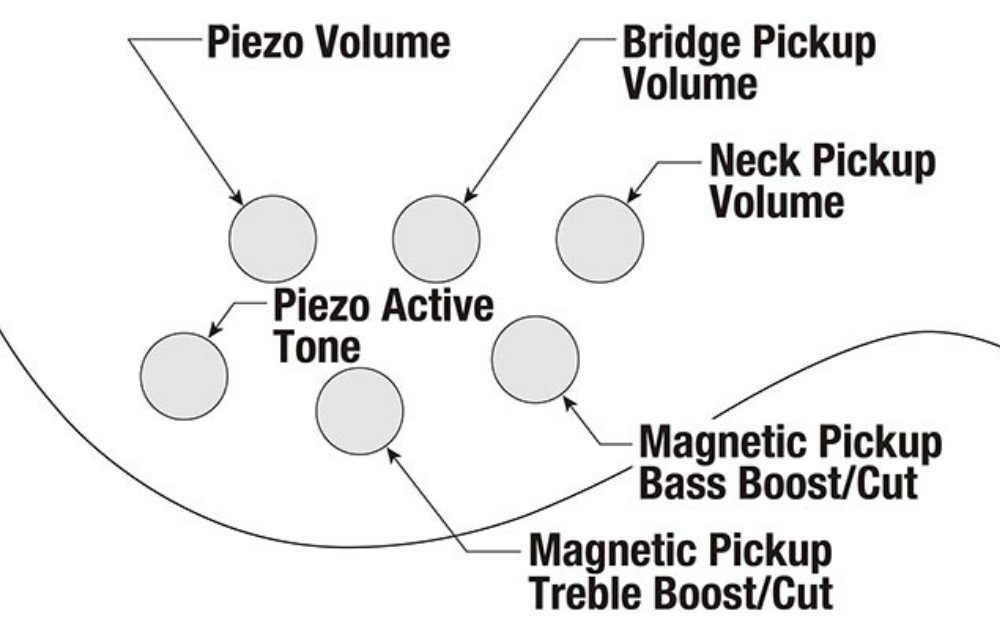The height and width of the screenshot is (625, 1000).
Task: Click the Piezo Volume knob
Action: click(273, 239)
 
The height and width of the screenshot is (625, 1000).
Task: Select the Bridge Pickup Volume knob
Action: click(436, 239)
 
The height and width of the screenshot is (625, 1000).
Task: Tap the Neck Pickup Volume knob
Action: click(599, 239)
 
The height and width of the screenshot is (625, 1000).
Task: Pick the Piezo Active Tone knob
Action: click(184, 376)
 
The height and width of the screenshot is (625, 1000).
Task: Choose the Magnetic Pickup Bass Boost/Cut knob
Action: click(536, 360)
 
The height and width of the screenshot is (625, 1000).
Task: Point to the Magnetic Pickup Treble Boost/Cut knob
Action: click(360, 411)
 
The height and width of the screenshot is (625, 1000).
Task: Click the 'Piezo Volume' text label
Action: click(329, 42)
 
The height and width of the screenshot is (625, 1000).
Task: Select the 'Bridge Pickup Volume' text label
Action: click(749, 62)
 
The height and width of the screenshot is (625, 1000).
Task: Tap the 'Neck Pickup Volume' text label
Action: click(823, 180)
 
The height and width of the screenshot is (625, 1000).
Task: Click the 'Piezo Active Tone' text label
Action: click(383, 325)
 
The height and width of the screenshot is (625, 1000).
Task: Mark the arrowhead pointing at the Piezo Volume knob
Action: click(236, 197)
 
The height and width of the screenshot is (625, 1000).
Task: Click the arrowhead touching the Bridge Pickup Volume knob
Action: click(470, 196)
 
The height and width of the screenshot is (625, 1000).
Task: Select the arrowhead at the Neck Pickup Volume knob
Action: click(633, 195)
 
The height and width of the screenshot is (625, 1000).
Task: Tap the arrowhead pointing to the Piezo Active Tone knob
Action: click(215, 329)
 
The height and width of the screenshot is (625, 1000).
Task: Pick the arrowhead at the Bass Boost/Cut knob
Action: click(569, 403)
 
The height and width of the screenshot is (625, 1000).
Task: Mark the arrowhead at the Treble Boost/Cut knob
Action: click(393, 454)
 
